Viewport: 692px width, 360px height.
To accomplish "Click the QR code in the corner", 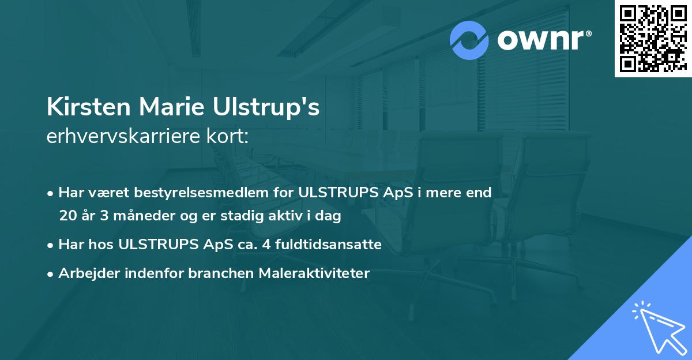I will tap(653, 38).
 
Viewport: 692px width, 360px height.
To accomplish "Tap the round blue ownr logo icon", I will tap(469, 40).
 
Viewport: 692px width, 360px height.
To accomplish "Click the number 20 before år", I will tap(67, 216).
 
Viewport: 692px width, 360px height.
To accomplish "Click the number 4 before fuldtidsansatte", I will tap(266, 245).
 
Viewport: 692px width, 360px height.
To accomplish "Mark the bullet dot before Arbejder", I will tap(51, 274).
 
